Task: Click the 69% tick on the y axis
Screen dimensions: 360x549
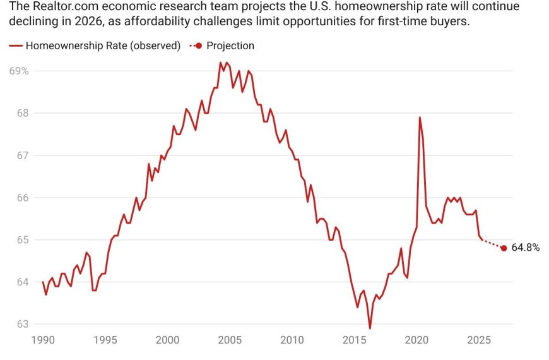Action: tap(19, 71)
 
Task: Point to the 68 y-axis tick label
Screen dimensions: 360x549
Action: tap(22, 113)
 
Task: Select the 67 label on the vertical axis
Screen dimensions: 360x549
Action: tap(22, 155)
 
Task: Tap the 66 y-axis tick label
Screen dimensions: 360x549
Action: tap(22, 198)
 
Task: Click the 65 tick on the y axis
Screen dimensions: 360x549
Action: tap(22, 240)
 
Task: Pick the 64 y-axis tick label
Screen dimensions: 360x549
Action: tap(22, 282)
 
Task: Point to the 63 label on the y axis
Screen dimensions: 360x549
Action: tap(22, 325)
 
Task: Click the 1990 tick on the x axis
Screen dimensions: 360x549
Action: tap(43, 339)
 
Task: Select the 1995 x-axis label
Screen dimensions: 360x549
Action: tap(105, 339)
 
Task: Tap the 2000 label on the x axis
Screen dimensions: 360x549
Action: tap(167, 339)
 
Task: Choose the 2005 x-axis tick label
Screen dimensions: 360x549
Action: tap(230, 339)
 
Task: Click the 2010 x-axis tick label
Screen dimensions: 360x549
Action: tap(292, 339)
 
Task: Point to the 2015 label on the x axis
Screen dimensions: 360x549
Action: tap(354, 339)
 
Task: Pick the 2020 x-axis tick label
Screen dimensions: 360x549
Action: tap(416, 339)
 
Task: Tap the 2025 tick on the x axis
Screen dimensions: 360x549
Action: tap(478, 339)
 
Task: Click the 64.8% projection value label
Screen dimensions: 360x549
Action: tap(525, 248)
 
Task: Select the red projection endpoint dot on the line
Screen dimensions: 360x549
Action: tap(504, 248)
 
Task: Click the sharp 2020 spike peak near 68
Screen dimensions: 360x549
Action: tap(420, 117)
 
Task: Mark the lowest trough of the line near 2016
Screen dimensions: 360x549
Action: tap(370, 328)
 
